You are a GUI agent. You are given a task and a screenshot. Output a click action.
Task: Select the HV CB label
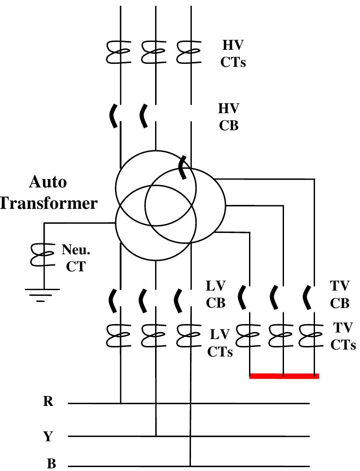228,117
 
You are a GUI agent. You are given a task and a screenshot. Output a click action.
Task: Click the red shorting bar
284,376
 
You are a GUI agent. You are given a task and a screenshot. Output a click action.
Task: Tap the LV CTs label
220,343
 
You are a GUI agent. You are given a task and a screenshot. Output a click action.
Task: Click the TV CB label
340,295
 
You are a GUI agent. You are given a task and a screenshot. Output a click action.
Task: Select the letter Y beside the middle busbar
48,436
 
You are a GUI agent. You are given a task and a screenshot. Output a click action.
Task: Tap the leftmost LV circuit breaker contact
113,300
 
